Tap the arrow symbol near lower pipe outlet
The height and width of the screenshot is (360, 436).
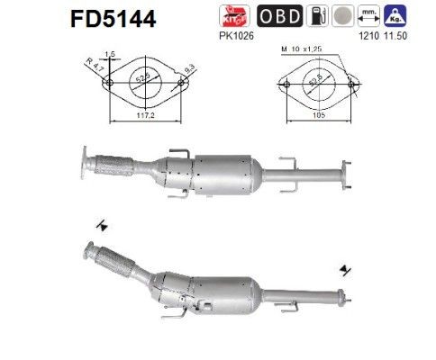[x=346, y=269]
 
